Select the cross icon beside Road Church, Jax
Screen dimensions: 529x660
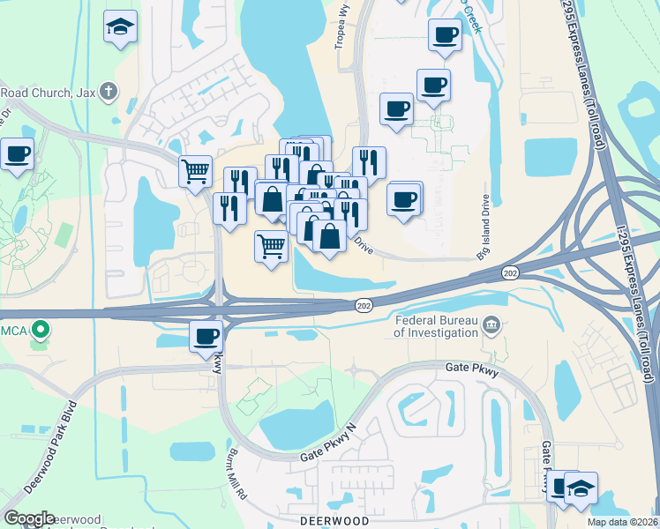[108, 91]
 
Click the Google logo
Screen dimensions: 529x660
[29, 518]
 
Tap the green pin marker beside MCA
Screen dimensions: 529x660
[40, 332]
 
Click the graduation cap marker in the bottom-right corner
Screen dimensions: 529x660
[581, 488]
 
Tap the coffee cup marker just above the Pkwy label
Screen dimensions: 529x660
[206, 337]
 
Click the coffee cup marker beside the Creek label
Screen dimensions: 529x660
[445, 36]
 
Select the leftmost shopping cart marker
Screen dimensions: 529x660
[195, 170]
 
